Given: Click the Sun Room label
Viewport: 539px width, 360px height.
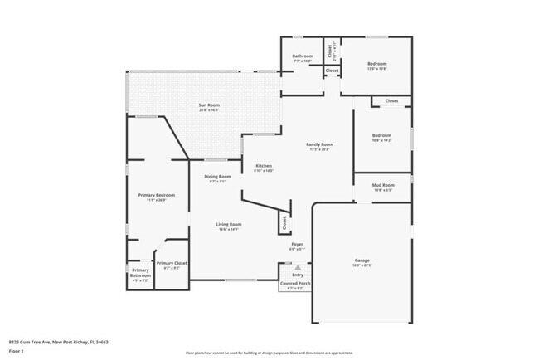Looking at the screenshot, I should click(208, 105).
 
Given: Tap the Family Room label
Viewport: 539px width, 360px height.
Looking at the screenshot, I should click(319, 145).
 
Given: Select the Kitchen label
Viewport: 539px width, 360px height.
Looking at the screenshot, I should click(263, 166).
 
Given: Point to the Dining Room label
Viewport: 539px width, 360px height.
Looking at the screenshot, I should click(217, 177).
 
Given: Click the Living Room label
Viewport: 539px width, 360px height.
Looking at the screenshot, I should click(229, 225).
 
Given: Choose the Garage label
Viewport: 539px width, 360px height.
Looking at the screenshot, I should click(362, 260).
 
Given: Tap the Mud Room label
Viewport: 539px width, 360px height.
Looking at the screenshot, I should click(382, 186).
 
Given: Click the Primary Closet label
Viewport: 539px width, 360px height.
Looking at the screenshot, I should click(175, 264).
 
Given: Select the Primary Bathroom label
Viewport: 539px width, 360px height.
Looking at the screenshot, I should click(140, 274).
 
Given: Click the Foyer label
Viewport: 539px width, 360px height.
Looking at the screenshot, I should click(297, 245).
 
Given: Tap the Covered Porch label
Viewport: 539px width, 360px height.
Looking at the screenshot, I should click(297, 283).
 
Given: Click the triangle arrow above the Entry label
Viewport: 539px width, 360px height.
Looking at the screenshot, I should click(297, 267).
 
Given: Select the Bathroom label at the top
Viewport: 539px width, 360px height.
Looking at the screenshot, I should click(302, 56).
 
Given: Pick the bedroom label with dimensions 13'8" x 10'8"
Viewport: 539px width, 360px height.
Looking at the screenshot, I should click(377, 64).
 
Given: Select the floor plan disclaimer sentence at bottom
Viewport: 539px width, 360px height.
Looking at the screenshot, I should click(269, 352).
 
